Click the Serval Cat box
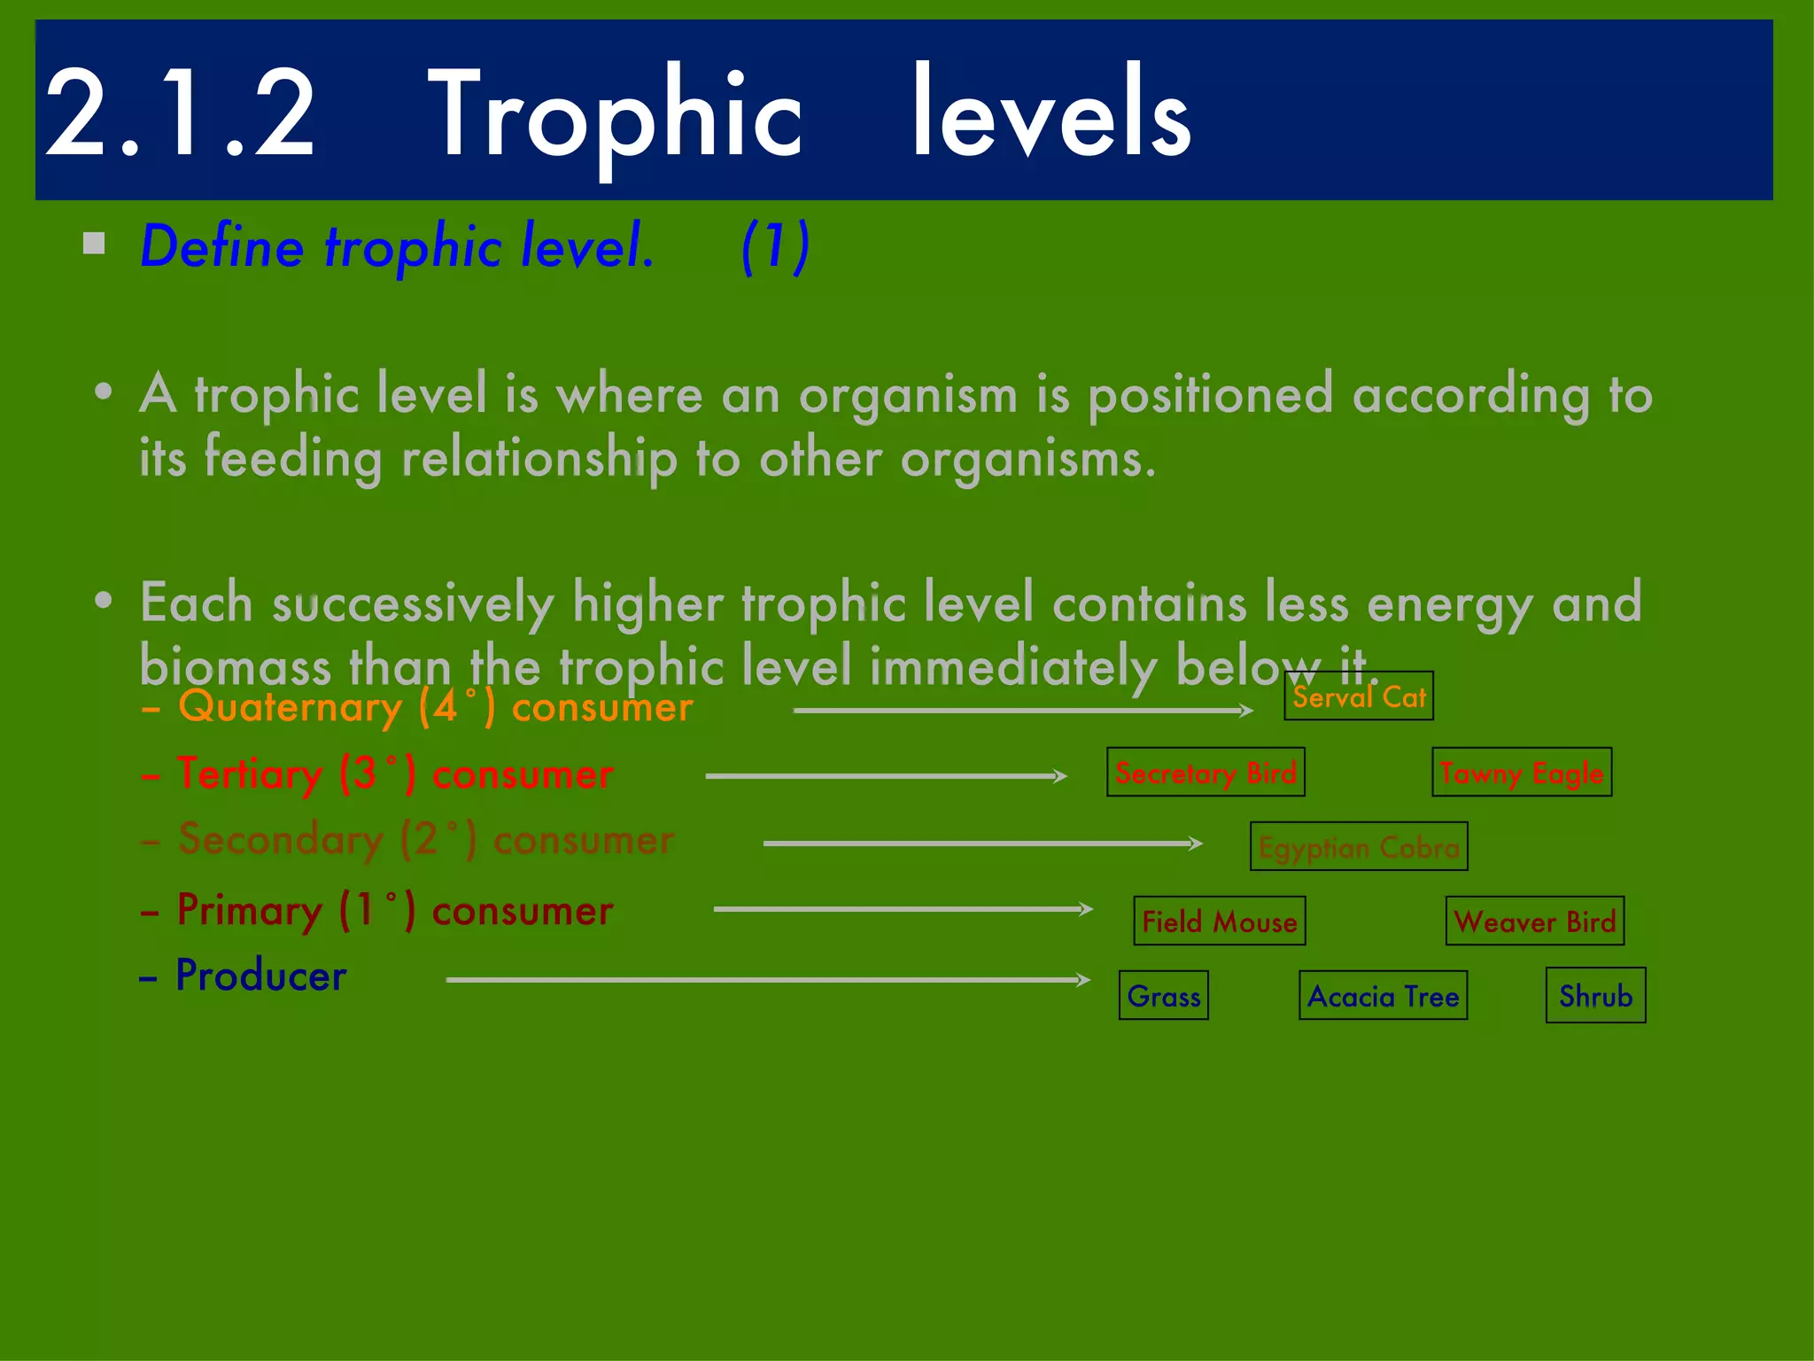point(1358,696)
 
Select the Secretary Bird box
point(1205,773)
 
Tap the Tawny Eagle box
point(1522,773)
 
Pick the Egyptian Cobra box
point(1358,847)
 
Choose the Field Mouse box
point(1219,922)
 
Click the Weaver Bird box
point(1534,922)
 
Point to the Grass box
point(1163,996)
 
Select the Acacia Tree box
point(1383,996)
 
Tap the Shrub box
point(1595,996)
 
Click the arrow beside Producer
point(767,979)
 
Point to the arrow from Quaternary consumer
point(1022,710)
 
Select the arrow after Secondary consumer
point(982,843)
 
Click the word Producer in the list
point(261,976)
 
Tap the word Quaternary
point(290,707)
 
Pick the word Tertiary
point(249,774)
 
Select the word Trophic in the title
point(615,115)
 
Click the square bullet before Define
point(94,243)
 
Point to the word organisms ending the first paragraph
point(1027,459)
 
